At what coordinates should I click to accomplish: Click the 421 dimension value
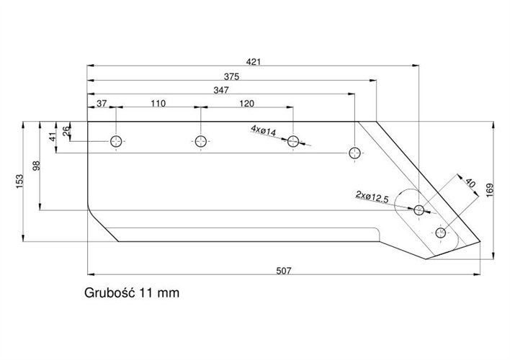click(254, 61)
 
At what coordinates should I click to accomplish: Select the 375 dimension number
click(231, 77)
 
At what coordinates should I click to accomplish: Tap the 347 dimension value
click(221, 90)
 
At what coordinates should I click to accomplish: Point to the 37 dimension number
click(102, 104)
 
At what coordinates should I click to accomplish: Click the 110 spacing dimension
click(158, 104)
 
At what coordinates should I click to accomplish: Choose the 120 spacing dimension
click(246, 104)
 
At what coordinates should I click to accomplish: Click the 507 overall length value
click(284, 271)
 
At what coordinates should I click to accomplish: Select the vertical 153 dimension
click(19, 181)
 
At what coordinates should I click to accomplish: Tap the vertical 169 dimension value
click(490, 190)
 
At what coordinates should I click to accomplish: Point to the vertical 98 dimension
click(37, 166)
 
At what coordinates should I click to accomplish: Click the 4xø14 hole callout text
click(264, 130)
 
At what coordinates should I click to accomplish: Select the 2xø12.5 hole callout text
click(372, 197)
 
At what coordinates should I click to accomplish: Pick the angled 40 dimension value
click(470, 182)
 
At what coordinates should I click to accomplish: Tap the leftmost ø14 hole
click(116, 141)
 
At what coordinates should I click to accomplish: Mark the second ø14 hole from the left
click(201, 141)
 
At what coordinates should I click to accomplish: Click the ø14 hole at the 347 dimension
click(354, 153)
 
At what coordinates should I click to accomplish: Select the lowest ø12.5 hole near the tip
click(440, 233)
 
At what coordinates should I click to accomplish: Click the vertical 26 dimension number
click(66, 131)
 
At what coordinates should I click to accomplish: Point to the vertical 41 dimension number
click(53, 136)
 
